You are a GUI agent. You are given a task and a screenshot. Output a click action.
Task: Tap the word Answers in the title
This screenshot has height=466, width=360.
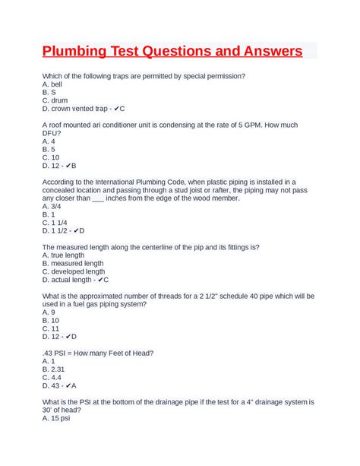coord(265,52)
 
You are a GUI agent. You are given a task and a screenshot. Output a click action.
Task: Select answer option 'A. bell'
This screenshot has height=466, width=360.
coord(52,84)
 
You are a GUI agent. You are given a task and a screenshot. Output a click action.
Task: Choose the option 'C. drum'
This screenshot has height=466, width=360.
coord(55,100)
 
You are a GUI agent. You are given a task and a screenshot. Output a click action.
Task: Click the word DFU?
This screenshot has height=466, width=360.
coord(52,133)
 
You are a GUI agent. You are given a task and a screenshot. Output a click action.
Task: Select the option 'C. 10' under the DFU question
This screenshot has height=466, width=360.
coord(53,157)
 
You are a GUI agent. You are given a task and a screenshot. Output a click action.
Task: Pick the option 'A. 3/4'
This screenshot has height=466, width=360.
coord(52,206)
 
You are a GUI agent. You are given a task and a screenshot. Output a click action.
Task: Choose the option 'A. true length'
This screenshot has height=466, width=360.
coord(64,255)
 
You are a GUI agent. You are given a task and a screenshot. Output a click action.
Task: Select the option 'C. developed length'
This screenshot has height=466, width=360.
coord(74,271)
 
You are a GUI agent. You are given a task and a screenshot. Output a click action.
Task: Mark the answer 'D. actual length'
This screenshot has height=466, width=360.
coord(68,280)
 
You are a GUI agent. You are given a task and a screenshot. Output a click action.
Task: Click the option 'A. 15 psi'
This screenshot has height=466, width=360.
coord(57,418)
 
